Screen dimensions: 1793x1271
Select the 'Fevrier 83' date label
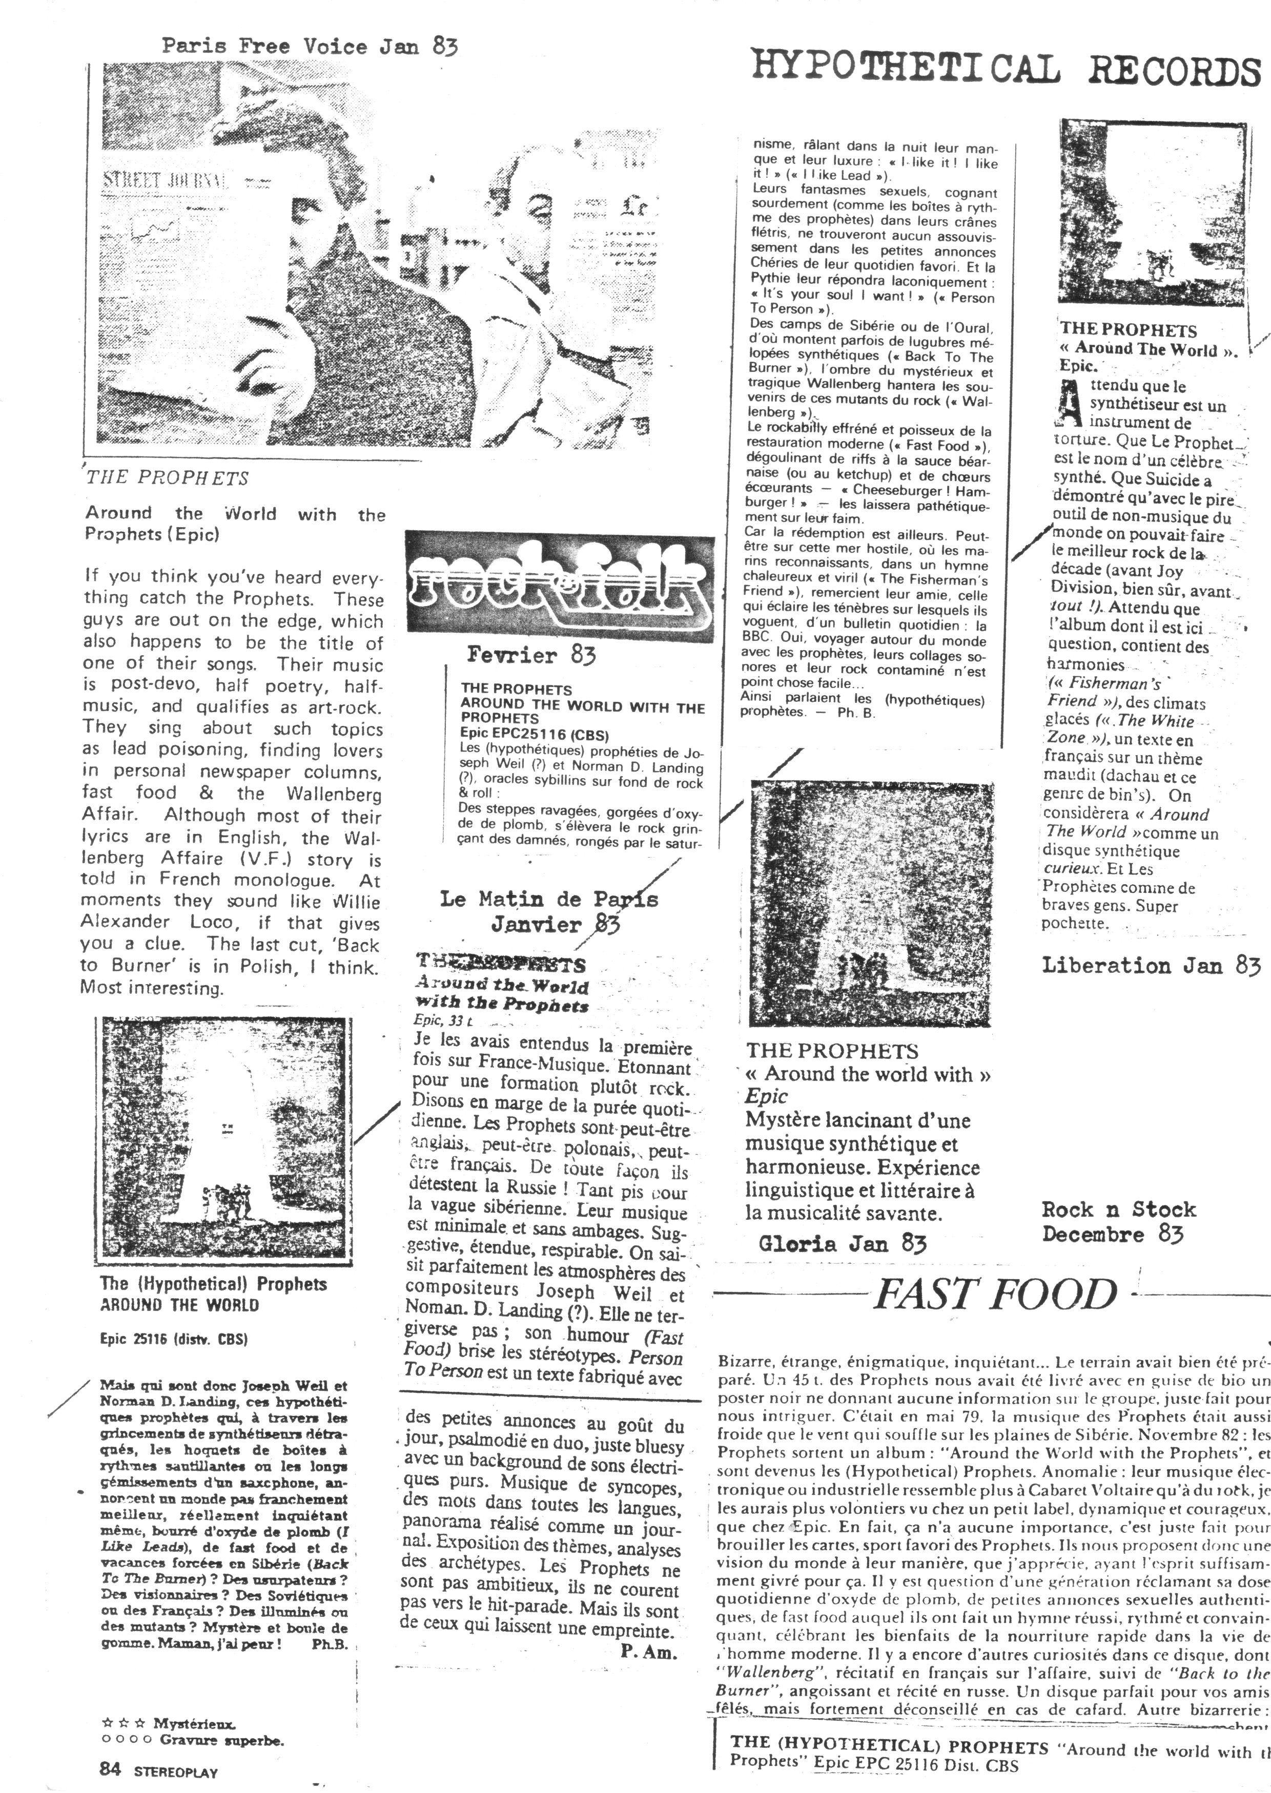pyautogui.click(x=530, y=654)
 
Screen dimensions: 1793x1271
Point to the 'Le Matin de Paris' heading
pyautogui.click(x=548, y=899)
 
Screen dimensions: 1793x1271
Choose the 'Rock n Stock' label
pyautogui.click(x=1118, y=1210)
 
